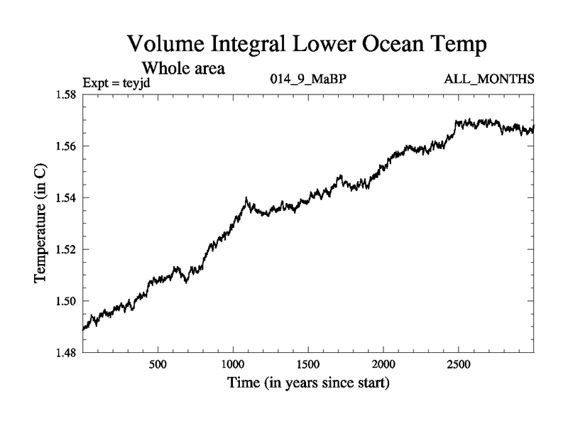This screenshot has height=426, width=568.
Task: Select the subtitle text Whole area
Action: (184, 69)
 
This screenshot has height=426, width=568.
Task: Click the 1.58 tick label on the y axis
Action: (65, 94)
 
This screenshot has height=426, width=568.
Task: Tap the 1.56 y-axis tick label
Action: (65, 146)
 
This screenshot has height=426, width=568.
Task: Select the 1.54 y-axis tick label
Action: (65, 197)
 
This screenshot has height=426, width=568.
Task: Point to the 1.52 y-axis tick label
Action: (65, 249)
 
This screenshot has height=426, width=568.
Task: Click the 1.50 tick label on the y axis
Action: (65, 300)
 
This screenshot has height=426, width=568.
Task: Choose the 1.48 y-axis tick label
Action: (65, 352)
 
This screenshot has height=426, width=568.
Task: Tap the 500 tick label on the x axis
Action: (158, 364)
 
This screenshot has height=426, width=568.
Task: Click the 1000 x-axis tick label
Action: (233, 364)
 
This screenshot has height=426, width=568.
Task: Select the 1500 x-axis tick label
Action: (308, 364)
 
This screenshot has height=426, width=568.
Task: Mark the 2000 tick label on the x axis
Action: (383, 364)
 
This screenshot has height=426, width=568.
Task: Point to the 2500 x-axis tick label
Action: (459, 364)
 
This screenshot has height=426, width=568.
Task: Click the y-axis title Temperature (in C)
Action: (40, 223)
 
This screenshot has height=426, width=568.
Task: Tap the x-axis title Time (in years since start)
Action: (308, 384)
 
